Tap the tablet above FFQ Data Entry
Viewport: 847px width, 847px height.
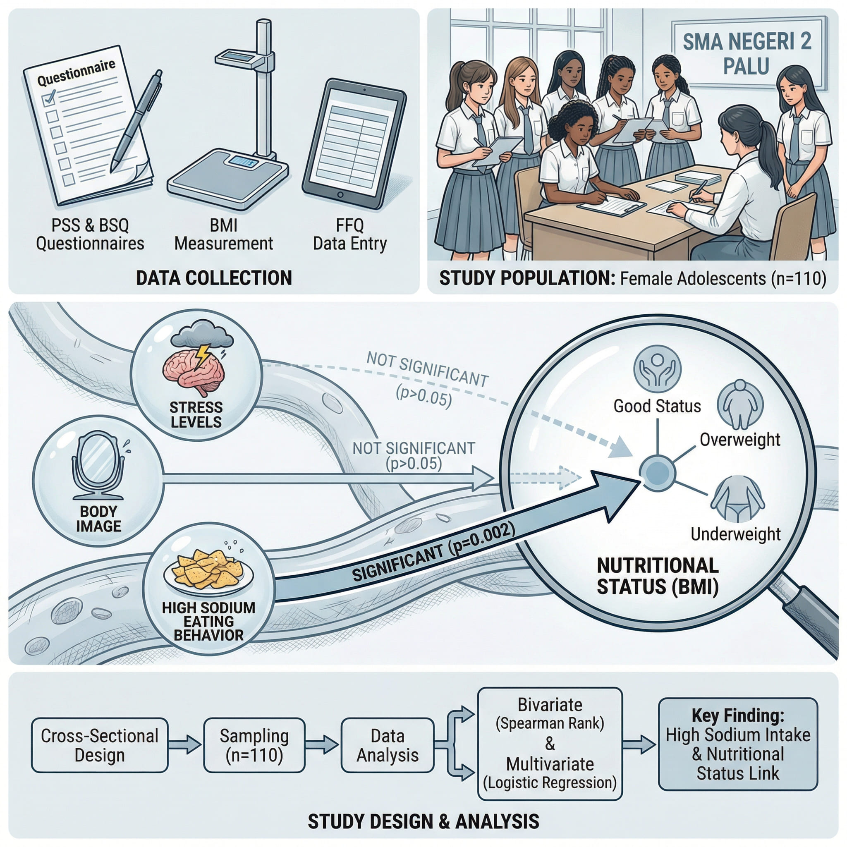354,144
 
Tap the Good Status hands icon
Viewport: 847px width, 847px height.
657,368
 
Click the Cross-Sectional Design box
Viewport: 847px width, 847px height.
100,745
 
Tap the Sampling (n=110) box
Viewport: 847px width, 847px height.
254,745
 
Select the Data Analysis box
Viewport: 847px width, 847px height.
387,745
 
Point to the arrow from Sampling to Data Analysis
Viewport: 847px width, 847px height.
322,745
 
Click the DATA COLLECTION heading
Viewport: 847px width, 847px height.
214,278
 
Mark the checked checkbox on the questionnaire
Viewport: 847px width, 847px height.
49,97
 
